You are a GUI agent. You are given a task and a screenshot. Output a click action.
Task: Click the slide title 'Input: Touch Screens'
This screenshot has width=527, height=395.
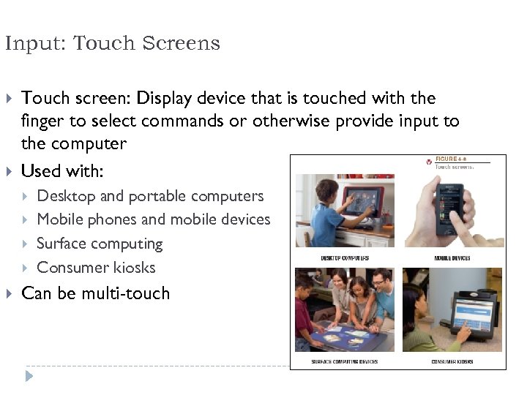112,44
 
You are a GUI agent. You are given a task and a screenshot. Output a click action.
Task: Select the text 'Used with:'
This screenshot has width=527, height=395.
62,171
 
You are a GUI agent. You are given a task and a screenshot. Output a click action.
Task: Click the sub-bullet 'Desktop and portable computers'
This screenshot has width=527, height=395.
150,196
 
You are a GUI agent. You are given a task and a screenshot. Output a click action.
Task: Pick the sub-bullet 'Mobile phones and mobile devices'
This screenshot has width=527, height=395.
153,219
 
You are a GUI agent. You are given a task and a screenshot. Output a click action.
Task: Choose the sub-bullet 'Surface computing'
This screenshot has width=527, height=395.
100,244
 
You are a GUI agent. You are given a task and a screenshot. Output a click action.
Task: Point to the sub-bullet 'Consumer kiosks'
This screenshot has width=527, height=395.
96,268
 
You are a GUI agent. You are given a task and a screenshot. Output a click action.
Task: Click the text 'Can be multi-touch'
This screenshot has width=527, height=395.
95,293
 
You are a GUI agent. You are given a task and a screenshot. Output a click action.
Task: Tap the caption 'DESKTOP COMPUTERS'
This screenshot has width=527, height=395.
344,258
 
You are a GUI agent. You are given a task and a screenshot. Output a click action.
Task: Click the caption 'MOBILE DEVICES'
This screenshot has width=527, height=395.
452,258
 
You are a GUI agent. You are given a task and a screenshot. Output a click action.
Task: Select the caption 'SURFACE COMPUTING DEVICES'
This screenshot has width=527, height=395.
344,361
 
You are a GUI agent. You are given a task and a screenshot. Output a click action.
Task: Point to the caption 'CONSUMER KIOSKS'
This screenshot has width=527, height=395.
452,361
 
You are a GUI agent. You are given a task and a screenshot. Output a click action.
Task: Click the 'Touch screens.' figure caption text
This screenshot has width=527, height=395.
455,167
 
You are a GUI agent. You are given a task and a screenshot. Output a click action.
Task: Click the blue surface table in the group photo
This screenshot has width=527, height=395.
344,338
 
